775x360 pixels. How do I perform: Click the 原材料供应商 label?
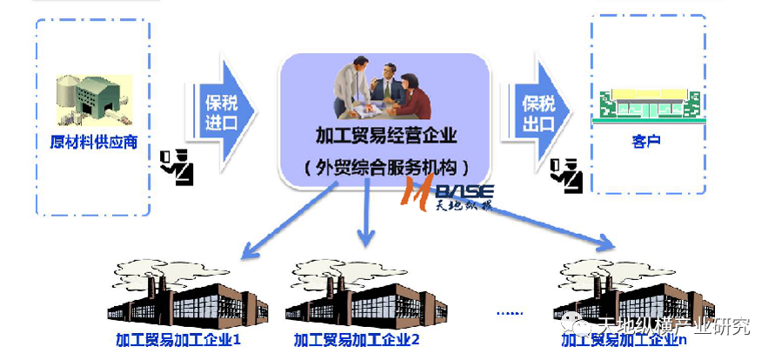pyautogui.click(x=93, y=141)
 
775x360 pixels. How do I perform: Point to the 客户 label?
pyautogui.click(x=645, y=139)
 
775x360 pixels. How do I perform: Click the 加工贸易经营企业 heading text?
pyautogui.click(x=385, y=136)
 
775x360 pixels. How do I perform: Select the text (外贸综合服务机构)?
pyautogui.click(x=385, y=165)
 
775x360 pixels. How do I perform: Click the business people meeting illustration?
pyautogui.click(x=383, y=92)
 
